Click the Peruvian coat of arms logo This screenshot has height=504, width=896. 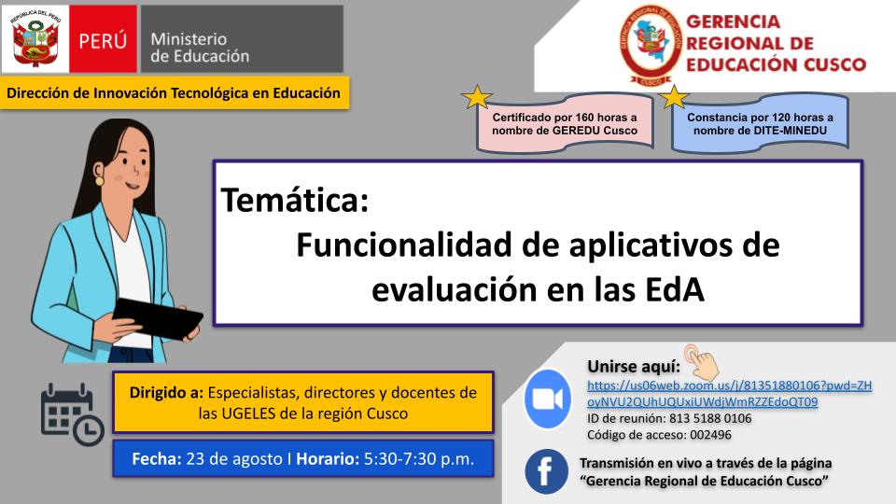(x=35, y=39)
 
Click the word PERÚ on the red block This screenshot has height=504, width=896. (x=103, y=41)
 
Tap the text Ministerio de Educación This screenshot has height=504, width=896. (x=200, y=48)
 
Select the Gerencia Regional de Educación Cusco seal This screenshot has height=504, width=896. (x=651, y=45)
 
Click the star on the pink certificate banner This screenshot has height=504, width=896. (x=477, y=97)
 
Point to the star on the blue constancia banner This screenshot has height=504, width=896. (x=674, y=97)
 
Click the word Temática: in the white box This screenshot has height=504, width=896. (x=295, y=200)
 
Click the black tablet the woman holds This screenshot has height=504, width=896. (x=157, y=318)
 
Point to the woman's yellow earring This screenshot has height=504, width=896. (x=99, y=181)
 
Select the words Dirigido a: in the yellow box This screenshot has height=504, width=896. (x=166, y=393)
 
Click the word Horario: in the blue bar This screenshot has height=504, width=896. (x=328, y=459)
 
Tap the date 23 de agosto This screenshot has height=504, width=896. (x=234, y=459)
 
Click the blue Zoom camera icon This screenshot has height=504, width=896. (x=548, y=399)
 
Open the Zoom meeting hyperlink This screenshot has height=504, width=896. (x=730, y=394)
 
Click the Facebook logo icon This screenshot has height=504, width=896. (x=546, y=471)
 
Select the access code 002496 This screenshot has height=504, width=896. (x=710, y=435)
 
